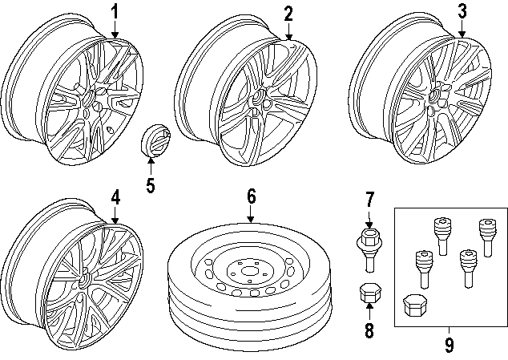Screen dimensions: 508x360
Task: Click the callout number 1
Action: click(x=115, y=12)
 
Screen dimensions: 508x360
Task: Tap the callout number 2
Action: click(x=288, y=14)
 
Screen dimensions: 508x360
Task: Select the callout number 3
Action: click(x=462, y=11)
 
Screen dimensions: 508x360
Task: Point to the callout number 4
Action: click(x=115, y=197)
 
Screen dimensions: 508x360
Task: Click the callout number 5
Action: click(x=151, y=185)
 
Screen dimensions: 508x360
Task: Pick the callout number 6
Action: click(x=251, y=196)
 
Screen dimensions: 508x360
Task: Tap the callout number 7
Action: click(x=369, y=200)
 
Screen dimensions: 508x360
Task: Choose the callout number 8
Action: click(x=369, y=330)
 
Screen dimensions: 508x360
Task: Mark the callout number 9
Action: click(x=449, y=345)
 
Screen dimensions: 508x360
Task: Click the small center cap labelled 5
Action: click(x=155, y=141)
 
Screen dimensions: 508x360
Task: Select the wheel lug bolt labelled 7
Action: click(x=369, y=249)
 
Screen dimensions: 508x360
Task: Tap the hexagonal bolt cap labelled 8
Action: click(x=370, y=293)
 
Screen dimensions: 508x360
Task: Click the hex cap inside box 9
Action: click(x=415, y=305)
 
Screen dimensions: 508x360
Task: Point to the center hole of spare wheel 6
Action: click(x=249, y=271)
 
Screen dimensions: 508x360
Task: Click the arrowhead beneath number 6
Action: click(x=251, y=220)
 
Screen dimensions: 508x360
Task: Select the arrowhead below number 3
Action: click(x=462, y=34)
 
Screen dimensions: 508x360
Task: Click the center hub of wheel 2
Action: click(x=258, y=97)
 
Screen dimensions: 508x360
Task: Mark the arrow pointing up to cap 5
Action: click(x=151, y=166)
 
